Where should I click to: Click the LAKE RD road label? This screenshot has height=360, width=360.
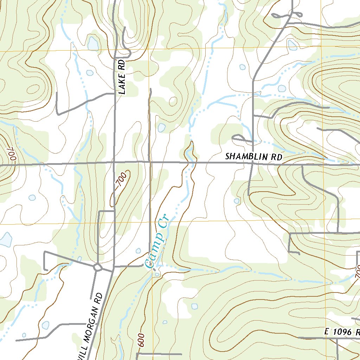click(x=122, y=77)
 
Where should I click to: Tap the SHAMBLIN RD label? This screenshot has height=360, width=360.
click(x=253, y=156)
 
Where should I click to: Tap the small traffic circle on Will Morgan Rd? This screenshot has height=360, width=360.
click(x=97, y=268)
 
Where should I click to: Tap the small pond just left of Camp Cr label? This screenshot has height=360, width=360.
click(x=138, y=251)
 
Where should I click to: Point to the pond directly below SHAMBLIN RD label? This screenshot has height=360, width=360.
click(x=237, y=201)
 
